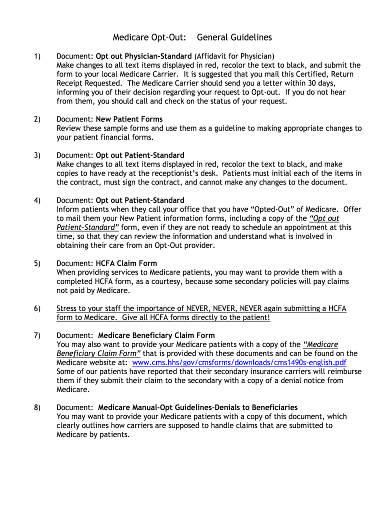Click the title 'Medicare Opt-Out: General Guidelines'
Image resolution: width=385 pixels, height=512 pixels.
tap(192, 37)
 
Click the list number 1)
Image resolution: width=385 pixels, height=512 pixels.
tap(37, 56)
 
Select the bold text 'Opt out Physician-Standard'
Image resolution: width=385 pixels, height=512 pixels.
tap(143, 56)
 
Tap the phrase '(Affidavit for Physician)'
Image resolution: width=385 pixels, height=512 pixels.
tap(234, 56)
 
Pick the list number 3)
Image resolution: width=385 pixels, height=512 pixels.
tap(37, 155)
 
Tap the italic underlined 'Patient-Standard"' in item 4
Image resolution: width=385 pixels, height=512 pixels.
tap(87, 227)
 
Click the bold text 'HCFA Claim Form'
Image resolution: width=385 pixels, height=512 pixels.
tap(126, 263)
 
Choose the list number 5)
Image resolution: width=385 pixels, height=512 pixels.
tap(37, 263)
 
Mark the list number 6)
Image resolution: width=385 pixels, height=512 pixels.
tap(37, 308)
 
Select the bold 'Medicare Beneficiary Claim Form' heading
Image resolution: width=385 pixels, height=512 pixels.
tap(156, 335)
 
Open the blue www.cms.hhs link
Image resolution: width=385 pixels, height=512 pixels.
tap(239, 362)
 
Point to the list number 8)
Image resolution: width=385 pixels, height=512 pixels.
tap(37, 407)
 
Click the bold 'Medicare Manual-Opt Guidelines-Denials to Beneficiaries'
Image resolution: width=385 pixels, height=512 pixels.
tap(197, 407)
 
